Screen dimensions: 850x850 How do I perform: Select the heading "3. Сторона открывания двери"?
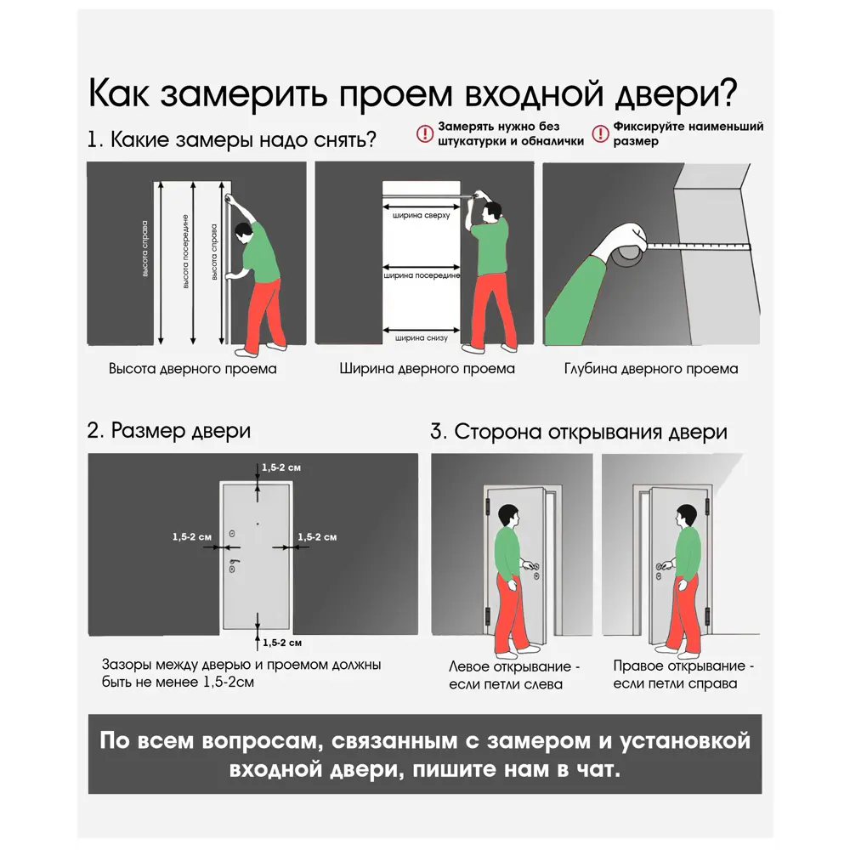pos(578,432)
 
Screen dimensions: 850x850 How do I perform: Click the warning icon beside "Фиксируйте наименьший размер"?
pos(600,133)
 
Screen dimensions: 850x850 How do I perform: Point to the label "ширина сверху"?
pos(421,215)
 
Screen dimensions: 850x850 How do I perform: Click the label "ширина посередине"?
pos(422,275)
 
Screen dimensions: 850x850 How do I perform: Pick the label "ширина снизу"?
pos(421,337)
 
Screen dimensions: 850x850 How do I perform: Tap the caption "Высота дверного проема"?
pos(192,370)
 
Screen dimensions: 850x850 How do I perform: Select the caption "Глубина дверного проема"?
pos(650,370)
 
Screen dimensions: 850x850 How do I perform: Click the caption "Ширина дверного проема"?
pos(427,370)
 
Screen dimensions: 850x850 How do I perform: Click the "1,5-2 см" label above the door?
pos(281,467)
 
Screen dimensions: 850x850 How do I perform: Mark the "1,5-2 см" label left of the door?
pos(191,537)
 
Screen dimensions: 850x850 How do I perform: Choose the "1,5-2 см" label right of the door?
pos(317,537)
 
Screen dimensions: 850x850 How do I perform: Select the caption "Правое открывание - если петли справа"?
pos(683,675)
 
